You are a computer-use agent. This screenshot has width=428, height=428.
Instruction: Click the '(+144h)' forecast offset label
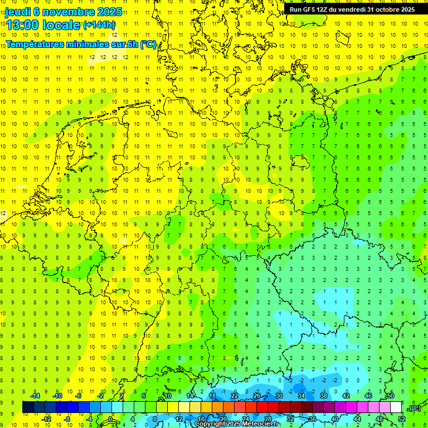(99, 25)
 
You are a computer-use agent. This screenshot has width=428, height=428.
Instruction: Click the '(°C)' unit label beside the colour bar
(414, 407)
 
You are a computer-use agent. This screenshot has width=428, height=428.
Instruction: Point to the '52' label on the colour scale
(401, 419)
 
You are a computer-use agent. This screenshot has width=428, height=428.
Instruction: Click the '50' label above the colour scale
(390, 396)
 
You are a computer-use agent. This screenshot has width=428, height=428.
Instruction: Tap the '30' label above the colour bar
(279, 396)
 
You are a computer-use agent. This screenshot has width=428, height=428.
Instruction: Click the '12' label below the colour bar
(179, 419)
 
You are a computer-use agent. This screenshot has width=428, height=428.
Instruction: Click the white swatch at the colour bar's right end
(396, 407)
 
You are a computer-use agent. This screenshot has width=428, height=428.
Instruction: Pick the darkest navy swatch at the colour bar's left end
(28, 407)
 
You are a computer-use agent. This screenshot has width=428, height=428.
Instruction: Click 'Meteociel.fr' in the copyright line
(261, 424)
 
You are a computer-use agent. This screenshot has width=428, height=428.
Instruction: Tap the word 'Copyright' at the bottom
(210, 424)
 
